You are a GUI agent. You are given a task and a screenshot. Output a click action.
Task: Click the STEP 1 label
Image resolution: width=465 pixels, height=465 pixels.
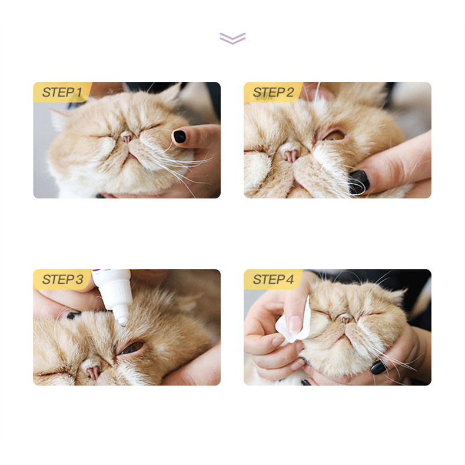62,92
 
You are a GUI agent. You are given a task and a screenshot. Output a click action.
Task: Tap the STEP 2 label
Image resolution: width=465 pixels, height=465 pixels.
273,92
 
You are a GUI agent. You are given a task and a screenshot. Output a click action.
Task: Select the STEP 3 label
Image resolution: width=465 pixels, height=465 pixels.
62,280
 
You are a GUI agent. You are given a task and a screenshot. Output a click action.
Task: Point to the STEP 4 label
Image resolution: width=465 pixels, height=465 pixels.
273,280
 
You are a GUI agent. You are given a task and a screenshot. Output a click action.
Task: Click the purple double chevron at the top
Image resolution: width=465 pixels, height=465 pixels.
232,38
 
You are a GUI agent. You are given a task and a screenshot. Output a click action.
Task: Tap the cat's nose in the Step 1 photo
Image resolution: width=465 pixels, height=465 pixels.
127,137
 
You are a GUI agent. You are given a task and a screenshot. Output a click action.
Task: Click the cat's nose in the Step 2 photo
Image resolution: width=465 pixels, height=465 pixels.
290,154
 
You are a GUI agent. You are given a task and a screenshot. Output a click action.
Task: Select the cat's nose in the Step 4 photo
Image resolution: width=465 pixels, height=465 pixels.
346,319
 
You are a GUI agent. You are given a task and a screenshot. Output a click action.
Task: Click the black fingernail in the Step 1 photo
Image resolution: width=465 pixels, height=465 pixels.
180,137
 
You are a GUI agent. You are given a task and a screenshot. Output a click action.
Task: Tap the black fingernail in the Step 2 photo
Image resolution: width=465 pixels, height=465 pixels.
359,181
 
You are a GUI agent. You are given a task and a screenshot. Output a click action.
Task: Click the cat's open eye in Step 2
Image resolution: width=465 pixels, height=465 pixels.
334,136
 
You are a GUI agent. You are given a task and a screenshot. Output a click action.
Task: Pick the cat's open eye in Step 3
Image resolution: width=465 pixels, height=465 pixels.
132,347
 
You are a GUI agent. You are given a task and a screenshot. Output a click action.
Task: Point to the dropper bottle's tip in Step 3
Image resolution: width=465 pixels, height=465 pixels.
123,324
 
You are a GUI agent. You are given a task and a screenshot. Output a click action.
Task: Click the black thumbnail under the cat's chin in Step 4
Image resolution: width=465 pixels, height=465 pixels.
379,367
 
